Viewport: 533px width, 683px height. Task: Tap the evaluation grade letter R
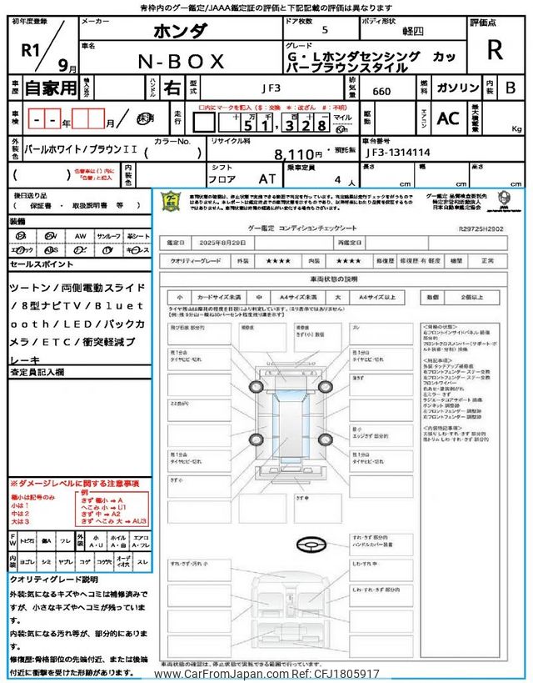495,50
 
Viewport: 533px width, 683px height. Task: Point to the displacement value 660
382,91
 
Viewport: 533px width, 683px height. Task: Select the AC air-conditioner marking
448,118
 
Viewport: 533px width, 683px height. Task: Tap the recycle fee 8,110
297,154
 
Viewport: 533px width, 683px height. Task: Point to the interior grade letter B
511,88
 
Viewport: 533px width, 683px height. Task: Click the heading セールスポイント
42,264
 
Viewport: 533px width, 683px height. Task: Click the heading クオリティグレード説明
54,579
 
